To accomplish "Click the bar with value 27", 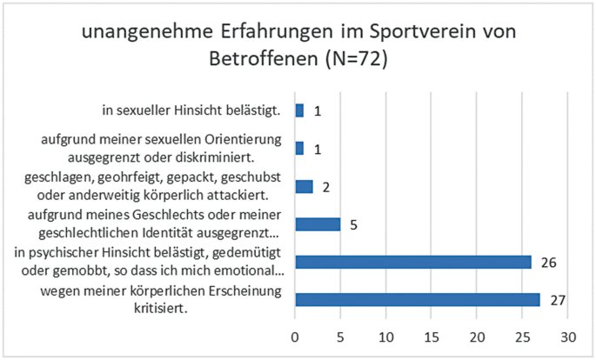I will [x=418, y=300].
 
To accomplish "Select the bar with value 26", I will [x=413, y=262].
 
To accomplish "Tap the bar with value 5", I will [x=318, y=224].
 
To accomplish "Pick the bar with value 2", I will [x=305, y=186].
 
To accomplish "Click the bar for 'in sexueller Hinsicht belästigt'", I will [x=299, y=110].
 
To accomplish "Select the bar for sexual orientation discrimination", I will [x=299, y=149].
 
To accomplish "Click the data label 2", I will [x=325, y=186].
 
